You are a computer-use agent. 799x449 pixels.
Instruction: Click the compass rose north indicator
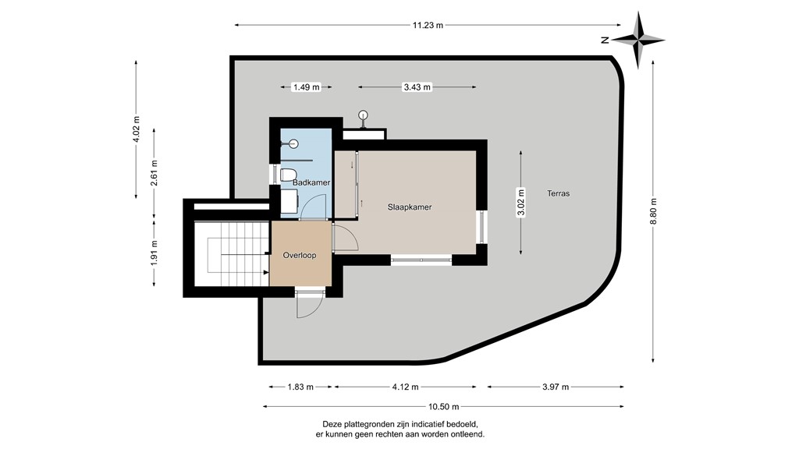click(x=638, y=39)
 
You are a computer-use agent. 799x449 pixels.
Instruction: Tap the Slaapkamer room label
click(x=410, y=207)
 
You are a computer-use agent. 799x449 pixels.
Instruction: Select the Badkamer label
click(x=311, y=182)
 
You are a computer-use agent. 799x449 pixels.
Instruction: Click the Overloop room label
click(x=300, y=255)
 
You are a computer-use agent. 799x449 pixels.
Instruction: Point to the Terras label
click(x=558, y=193)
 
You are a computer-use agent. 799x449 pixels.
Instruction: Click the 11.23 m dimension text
click(x=428, y=25)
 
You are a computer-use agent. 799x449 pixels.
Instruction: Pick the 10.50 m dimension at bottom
click(x=443, y=406)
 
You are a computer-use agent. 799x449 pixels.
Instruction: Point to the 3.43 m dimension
click(x=417, y=87)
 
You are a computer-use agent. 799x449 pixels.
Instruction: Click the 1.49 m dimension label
click(x=306, y=87)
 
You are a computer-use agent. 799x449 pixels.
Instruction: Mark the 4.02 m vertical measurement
click(x=136, y=126)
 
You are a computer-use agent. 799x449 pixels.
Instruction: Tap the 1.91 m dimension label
click(x=154, y=252)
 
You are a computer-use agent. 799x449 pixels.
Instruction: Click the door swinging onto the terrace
click(x=308, y=306)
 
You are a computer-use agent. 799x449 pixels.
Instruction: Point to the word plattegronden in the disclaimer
click(x=368, y=424)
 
